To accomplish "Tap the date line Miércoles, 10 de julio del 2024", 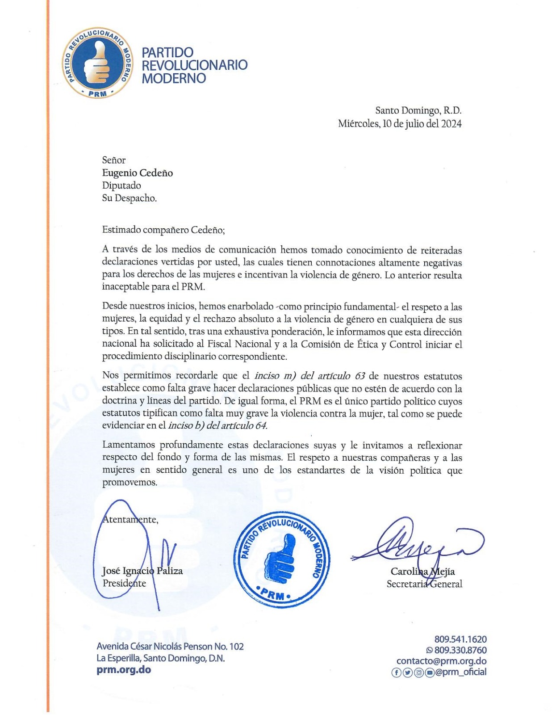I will [400, 124].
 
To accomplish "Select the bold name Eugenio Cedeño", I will [138, 173].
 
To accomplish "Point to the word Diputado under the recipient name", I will [121, 185].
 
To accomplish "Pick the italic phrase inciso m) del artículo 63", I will [309, 376].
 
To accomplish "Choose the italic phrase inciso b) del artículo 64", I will [217, 425].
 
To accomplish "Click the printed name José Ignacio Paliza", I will [142, 571].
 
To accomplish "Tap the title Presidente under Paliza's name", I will [124, 583].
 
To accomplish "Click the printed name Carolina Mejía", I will [422, 571].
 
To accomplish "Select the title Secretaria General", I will [424, 584].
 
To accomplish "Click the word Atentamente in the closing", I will [130, 519].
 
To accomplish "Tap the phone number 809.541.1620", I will [460, 639].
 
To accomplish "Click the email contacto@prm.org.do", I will [441, 661].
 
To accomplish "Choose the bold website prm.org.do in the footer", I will [124, 669].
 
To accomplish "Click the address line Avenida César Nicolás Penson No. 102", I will [170, 646].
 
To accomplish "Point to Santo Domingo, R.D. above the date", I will [418, 110].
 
